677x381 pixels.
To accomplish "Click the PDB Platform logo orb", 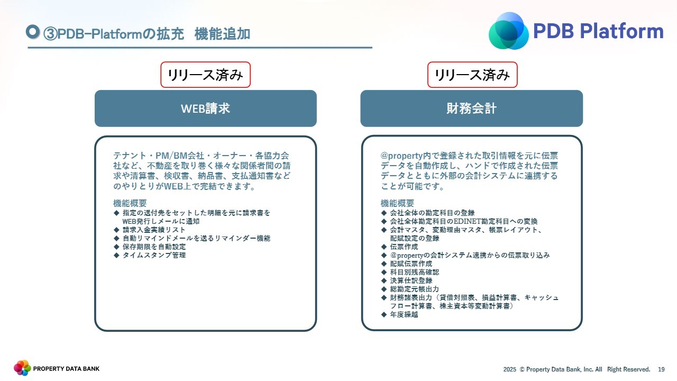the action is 509,31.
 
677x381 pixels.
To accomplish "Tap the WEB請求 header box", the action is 206,108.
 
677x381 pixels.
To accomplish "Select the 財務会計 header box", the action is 471,108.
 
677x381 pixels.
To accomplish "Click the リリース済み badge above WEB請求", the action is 206,75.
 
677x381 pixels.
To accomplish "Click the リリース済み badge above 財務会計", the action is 472,75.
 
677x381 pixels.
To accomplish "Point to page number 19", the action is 661,369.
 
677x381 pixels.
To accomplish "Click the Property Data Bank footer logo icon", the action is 22,368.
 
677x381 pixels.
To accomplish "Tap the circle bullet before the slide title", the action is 33,32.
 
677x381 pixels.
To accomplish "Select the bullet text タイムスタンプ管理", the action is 154,255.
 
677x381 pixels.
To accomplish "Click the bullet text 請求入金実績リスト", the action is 154,230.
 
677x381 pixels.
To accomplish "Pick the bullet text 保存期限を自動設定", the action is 154,247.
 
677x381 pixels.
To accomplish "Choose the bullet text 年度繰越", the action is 404,314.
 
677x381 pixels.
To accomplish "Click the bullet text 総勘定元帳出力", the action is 414,289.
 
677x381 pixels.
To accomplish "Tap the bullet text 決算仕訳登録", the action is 411,280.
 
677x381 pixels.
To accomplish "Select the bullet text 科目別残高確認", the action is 414,272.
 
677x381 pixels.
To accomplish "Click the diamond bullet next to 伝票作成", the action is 384,247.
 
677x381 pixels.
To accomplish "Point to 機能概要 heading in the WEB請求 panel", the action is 130,203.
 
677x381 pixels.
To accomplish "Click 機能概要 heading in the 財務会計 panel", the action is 397,203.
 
